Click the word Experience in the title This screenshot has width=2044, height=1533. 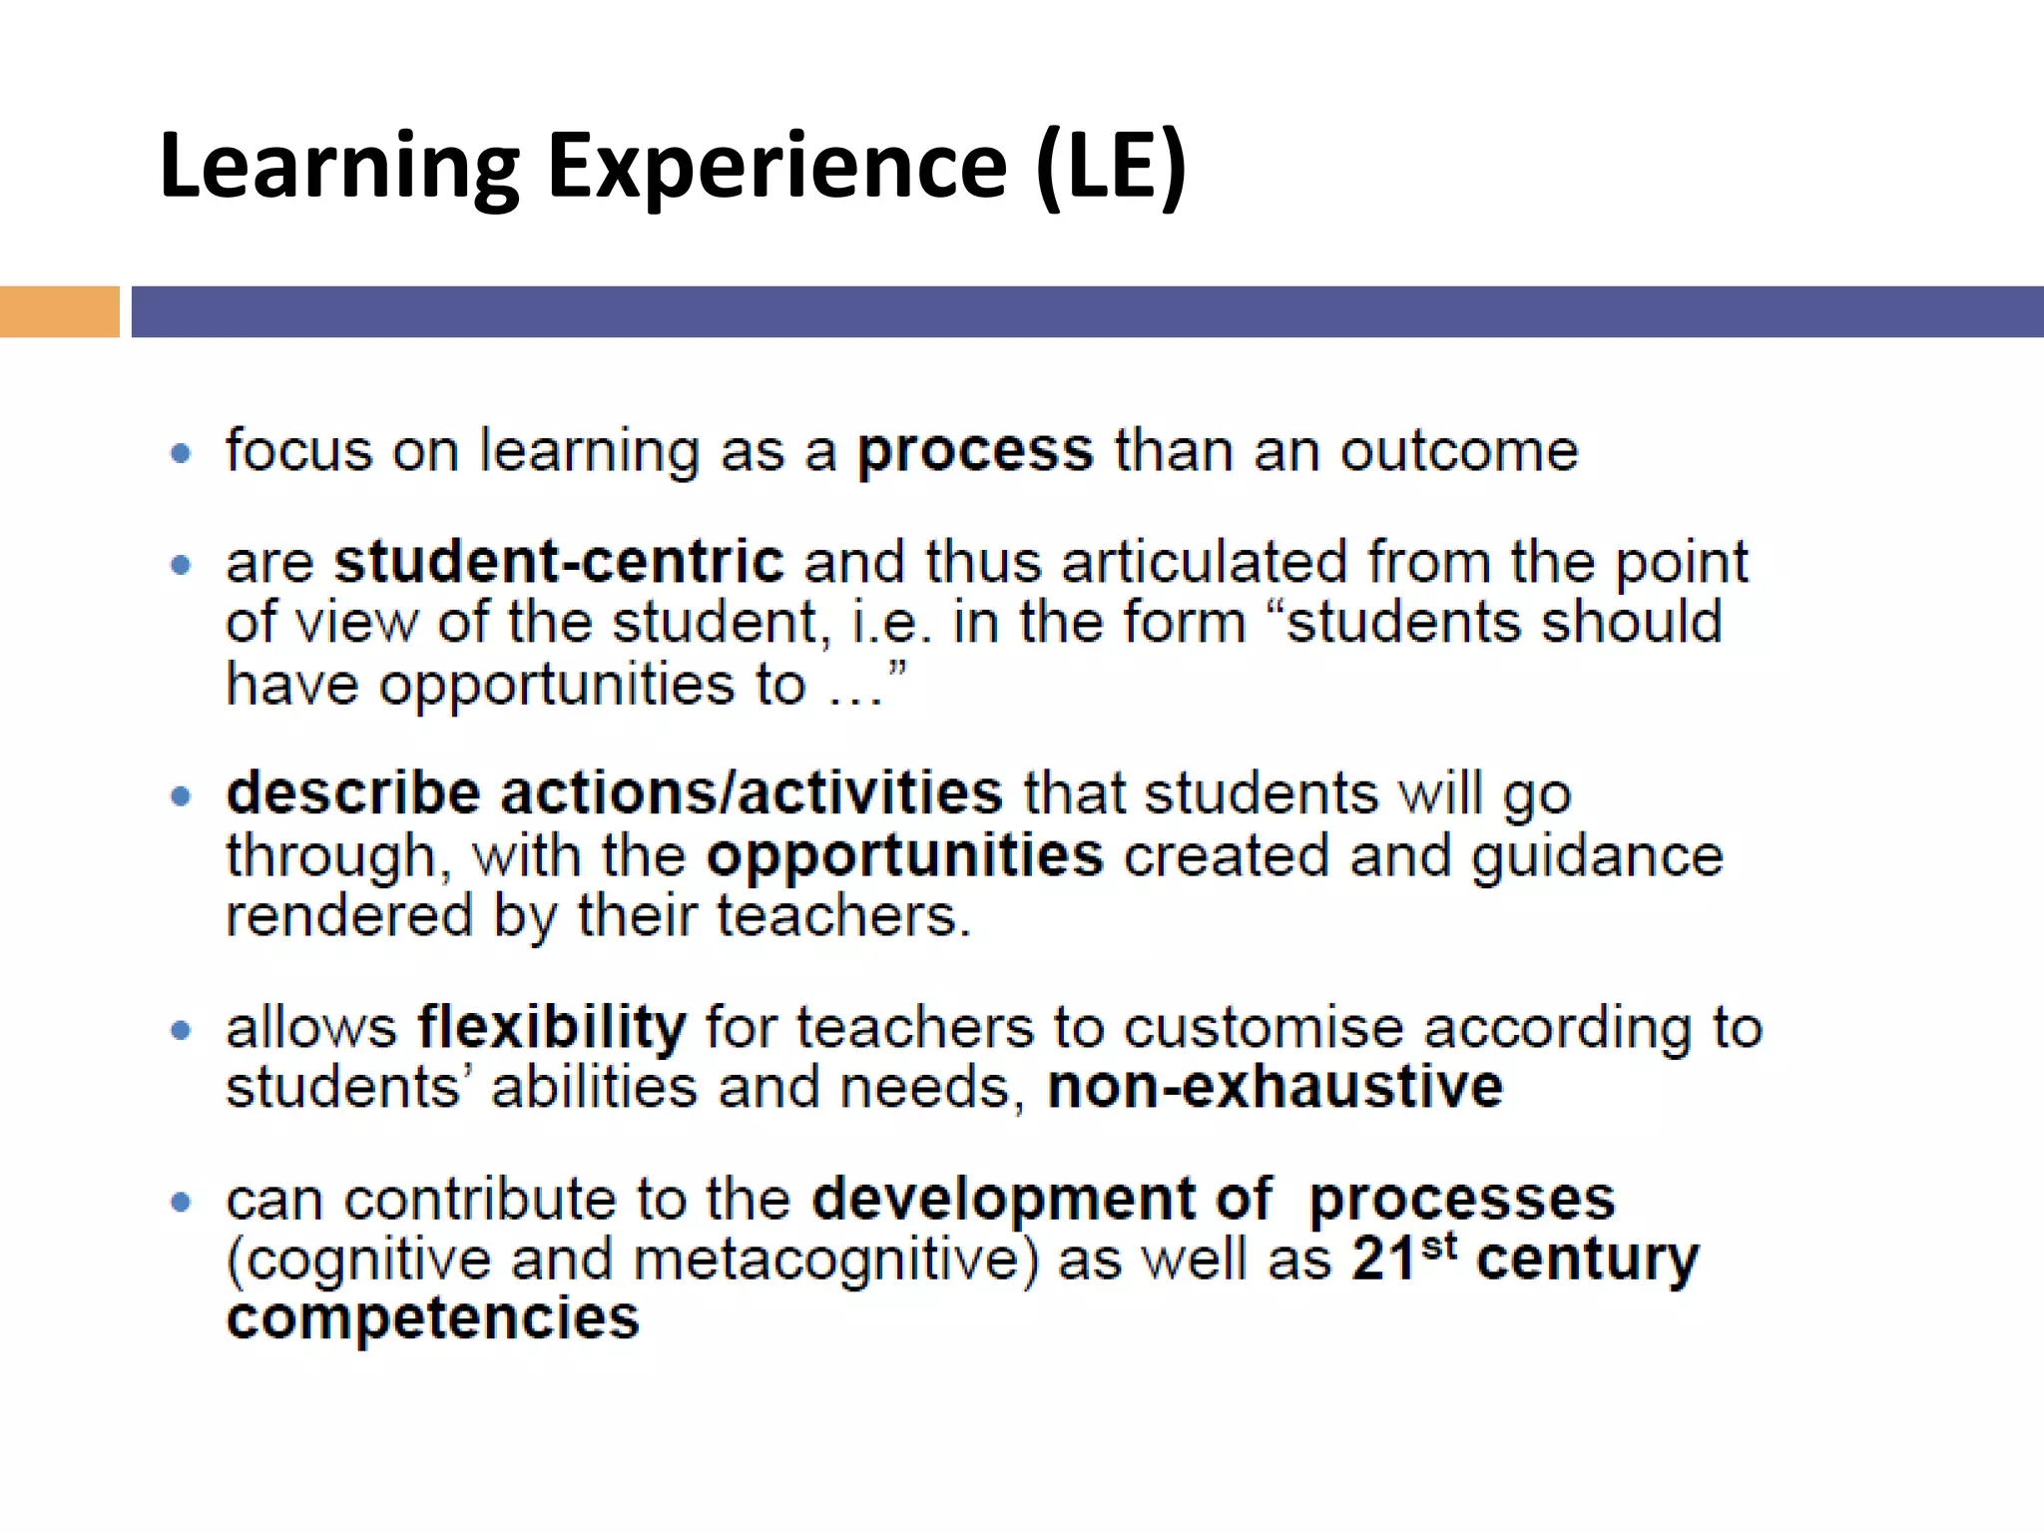(x=777, y=167)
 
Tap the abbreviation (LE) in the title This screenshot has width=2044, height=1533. (x=1111, y=167)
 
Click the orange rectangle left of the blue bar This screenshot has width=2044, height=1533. (x=59, y=311)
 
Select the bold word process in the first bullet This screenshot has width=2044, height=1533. (x=975, y=452)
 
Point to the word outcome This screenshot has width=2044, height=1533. (x=1458, y=451)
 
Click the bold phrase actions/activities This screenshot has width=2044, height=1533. (x=751, y=793)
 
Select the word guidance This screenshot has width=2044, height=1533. (x=1597, y=856)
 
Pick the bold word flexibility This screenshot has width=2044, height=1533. (x=551, y=1027)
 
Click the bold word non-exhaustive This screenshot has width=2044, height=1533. (x=1275, y=1087)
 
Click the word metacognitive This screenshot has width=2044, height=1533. (x=833, y=1260)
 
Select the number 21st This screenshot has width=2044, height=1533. (x=1403, y=1257)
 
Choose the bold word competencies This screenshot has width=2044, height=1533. (x=432, y=1318)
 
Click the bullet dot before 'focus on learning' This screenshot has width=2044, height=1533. (x=181, y=454)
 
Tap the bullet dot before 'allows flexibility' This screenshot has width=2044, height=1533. (x=181, y=1030)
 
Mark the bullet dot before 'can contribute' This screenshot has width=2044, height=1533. (x=181, y=1202)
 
